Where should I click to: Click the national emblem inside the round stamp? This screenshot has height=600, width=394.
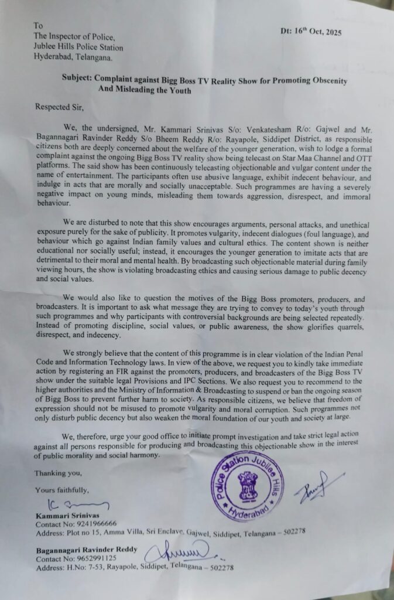(x=247, y=485)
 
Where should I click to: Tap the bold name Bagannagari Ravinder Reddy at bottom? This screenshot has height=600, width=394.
(x=85, y=550)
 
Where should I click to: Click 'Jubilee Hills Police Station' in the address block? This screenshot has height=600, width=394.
(x=78, y=47)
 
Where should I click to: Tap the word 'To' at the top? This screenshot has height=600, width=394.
(x=39, y=26)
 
